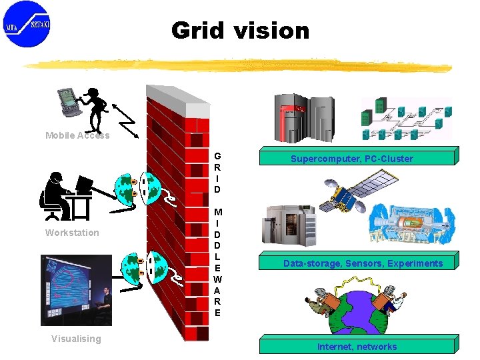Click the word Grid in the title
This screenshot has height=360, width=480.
(197, 31)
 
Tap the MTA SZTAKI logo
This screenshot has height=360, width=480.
(27, 25)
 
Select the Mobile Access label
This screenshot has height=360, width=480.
(77, 135)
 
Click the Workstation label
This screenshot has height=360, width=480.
(72, 233)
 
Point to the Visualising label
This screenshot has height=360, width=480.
(77, 339)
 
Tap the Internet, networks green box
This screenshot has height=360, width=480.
(357, 346)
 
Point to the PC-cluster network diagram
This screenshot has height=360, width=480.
(405, 119)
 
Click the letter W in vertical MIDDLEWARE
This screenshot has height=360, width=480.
(217, 279)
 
